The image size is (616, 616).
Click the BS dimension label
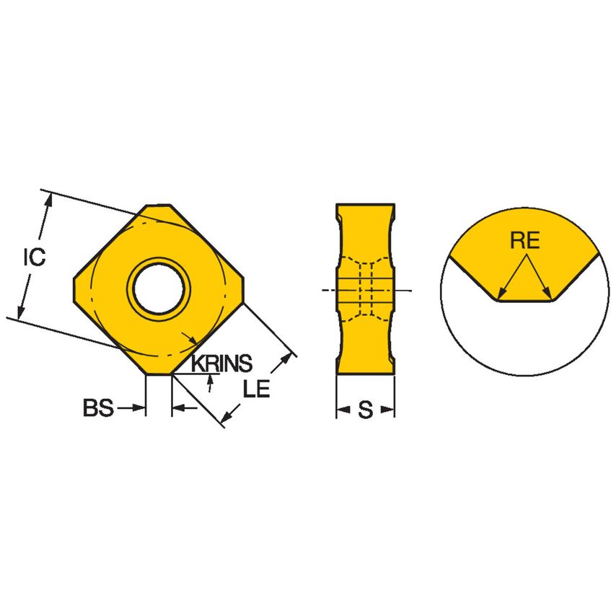[98, 409]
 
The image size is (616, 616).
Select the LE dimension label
[256, 390]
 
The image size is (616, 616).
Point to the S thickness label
[366, 410]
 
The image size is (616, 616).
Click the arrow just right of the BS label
[140, 409]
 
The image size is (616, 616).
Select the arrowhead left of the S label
[342, 410]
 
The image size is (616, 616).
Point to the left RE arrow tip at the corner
[501, 295]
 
